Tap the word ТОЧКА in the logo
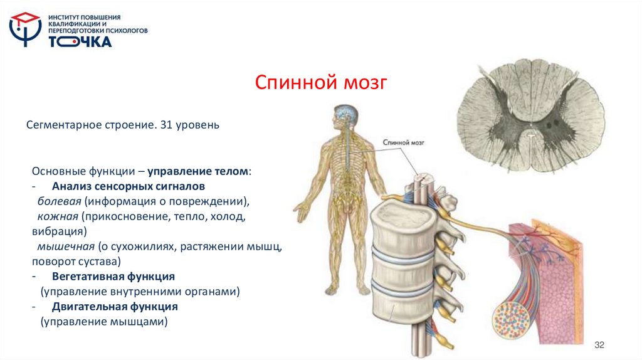80,42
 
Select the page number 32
599,346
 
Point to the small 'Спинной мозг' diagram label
403,143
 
